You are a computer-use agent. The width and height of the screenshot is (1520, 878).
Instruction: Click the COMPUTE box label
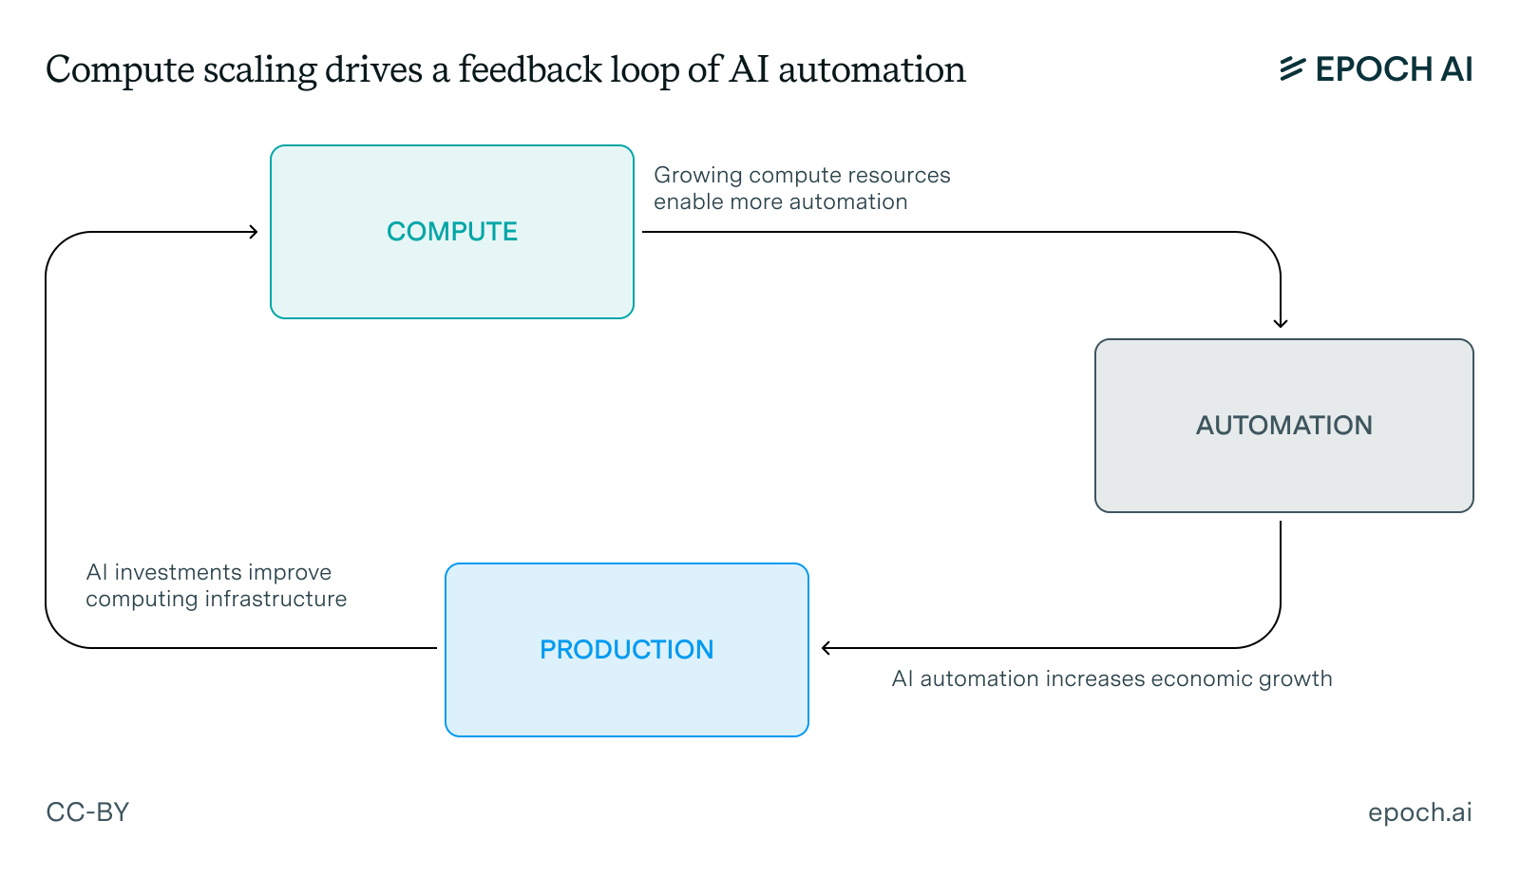(x=451, y=232)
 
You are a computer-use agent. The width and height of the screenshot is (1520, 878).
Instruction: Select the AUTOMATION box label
(x=1283, y=426)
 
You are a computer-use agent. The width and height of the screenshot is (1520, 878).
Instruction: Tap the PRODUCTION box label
(x=626, y=650)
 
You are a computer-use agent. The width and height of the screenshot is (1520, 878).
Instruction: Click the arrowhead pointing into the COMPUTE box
(x=254, y=232)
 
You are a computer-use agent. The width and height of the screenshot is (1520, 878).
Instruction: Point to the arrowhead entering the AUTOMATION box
(x=1281, y=323)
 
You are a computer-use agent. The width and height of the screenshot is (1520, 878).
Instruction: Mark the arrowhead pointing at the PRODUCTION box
(x=826, y=648)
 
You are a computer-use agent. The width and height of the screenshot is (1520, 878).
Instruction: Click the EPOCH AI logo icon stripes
(x=1292, y=68)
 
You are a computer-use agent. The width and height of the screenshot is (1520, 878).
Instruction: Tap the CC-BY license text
(x=87, y=812)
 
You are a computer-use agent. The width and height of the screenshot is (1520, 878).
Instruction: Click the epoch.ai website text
(x=1419, y=812)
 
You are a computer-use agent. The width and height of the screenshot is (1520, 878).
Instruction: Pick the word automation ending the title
(x=871, y=70)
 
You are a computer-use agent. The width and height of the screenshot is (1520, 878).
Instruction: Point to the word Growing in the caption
(x=697, y=175)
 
